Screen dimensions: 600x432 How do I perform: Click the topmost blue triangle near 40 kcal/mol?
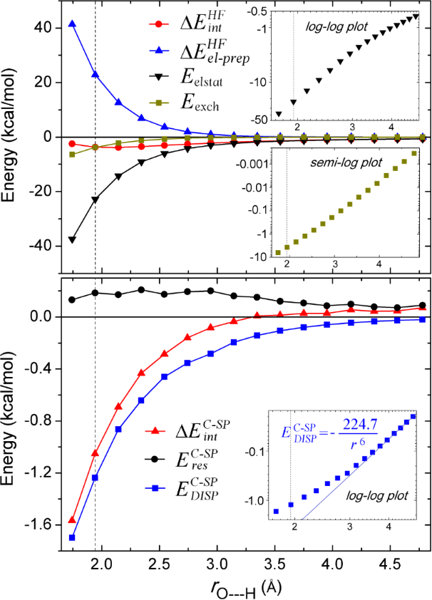[x=72, y=24]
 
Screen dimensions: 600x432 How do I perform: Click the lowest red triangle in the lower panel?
[x=72, y=520]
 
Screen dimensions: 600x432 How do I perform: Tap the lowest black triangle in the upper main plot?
[x=72, y=240]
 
